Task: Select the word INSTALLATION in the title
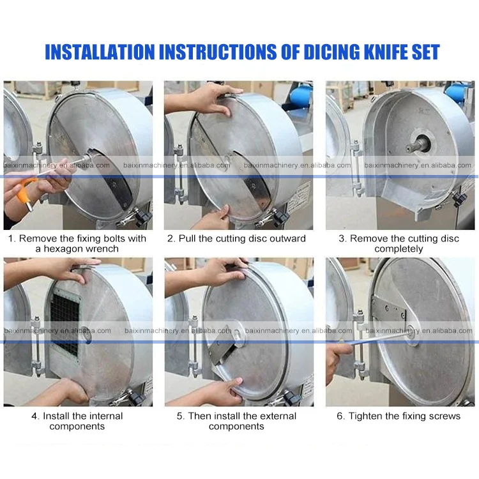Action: click(100, 52)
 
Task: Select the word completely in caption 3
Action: click(399, 249)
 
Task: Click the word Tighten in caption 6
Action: click(365, 416)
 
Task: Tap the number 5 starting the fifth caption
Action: click(180, 416)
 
